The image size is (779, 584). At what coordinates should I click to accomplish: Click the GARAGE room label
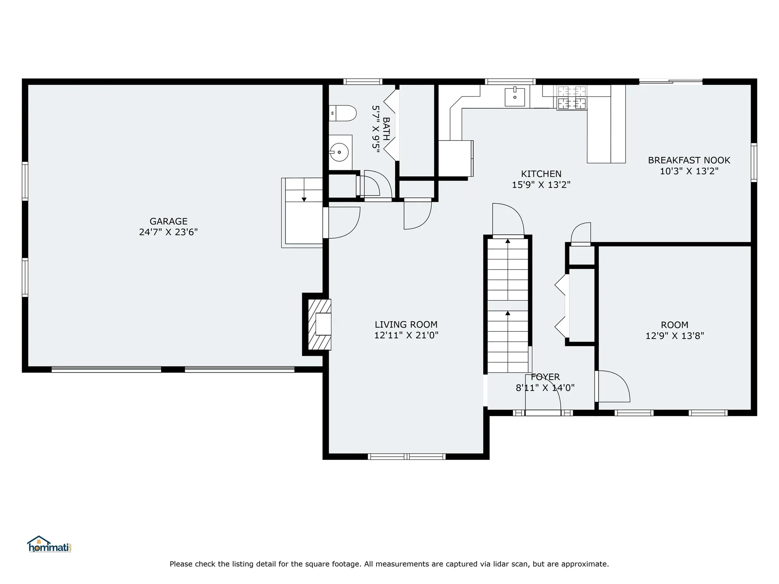[168, 221]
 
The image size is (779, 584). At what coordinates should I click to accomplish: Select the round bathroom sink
[339, 152]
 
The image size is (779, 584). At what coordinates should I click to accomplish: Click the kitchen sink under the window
[514, 97]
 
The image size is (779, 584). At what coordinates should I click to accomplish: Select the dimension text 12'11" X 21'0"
[406, 335]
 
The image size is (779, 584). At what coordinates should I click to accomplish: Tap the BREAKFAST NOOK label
[689, 160]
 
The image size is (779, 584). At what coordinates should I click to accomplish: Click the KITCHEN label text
[541, 174]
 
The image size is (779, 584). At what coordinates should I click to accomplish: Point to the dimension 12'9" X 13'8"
[675, 336]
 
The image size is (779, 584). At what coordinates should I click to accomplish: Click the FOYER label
[545, 377]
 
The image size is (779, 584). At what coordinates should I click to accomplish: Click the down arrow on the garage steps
[304, 199]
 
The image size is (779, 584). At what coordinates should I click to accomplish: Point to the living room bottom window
[407, 457]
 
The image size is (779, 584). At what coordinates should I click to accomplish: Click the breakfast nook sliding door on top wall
[671, 82]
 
